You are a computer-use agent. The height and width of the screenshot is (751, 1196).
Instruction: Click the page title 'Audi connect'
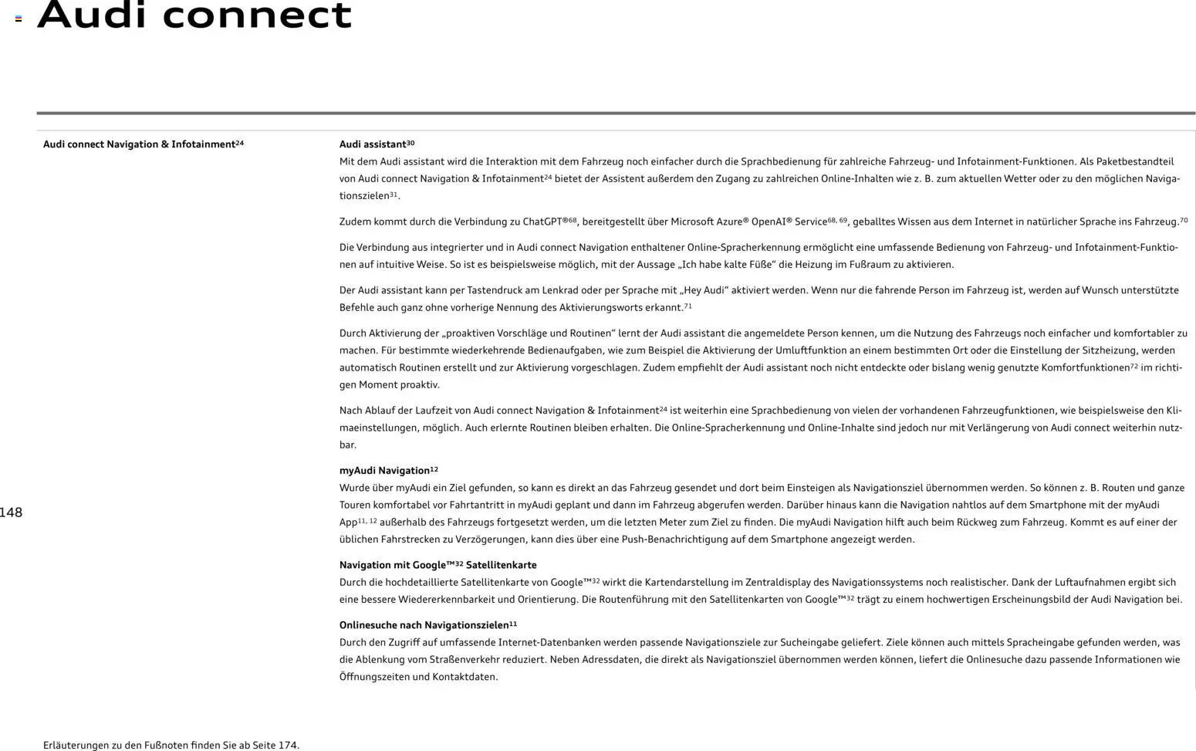(x=194, y=15)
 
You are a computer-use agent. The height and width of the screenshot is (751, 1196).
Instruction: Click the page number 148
(x=11, y=513)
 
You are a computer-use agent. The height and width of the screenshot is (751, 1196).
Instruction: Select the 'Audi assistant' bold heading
(x=373, y=144)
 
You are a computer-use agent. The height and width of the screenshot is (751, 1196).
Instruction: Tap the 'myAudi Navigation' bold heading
(x=384, y=471)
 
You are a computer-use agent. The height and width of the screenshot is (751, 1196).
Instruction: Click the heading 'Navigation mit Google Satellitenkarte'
(x=438, y=565)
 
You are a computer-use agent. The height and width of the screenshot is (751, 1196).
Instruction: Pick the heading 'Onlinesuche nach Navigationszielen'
(x=424, y=625)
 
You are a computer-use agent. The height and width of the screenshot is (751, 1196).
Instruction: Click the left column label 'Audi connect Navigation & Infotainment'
(x=139, y=144)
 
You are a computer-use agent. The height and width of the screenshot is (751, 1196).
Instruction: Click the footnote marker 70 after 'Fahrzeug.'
(x=1184, y=220)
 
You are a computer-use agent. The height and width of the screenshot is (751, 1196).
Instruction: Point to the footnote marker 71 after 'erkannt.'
(x=688, y=306)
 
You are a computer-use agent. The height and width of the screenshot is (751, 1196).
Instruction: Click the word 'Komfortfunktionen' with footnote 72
(x=1085, y=368)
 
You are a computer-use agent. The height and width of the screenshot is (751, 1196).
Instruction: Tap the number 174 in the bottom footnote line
(x=287, y=746)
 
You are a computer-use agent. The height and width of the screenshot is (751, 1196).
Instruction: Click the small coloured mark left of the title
(x=19, y=19)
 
